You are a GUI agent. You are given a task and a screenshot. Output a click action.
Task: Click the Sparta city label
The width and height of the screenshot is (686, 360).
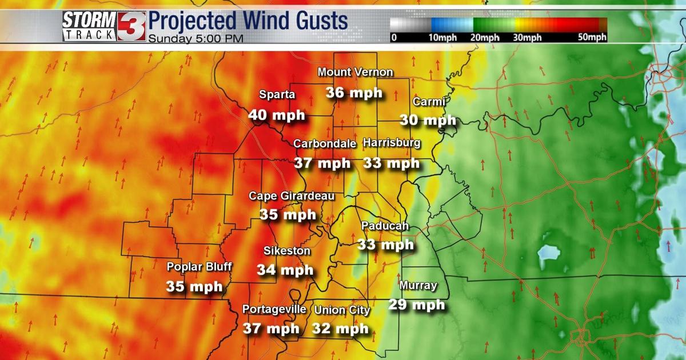(x=277, y=95)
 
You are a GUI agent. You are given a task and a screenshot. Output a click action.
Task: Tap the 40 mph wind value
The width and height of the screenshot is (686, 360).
(x=277, y=115)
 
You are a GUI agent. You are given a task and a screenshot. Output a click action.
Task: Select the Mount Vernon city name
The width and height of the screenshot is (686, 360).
(x=355, y=72)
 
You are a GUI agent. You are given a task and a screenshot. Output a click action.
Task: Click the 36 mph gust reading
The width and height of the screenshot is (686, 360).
(x=354, y=93)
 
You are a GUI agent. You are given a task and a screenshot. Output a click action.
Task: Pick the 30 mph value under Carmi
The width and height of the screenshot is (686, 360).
(x=428, y=121)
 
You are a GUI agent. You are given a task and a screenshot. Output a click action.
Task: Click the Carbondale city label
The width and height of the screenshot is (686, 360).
(x=325, y=143)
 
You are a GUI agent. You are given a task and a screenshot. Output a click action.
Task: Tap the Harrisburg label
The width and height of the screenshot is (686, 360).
(x=392, y=142)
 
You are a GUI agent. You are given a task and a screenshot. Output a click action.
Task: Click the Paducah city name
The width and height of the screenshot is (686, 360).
(x=385, y=226)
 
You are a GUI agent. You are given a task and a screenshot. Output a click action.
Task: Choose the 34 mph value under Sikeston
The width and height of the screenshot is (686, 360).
(x=285, y=270)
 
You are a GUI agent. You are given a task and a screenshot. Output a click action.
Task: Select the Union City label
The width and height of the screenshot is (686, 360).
(x=342, y=310)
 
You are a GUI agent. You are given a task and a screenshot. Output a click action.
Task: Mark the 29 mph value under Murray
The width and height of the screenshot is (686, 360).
(x=416, y=305)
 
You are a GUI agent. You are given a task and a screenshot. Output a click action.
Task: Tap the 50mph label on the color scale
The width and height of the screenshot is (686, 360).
(x=592, y=38)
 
